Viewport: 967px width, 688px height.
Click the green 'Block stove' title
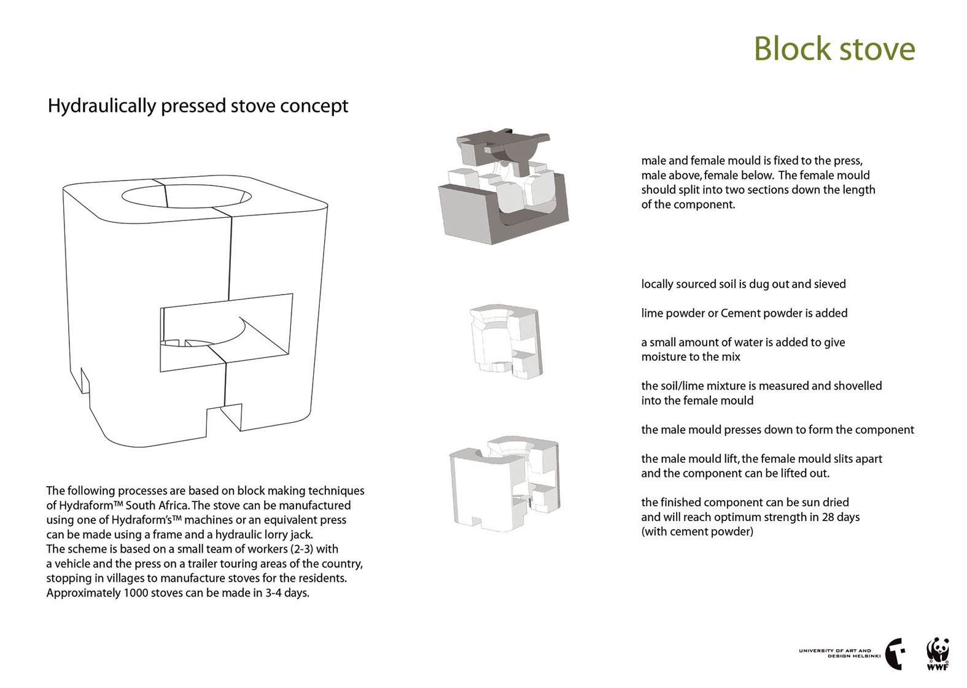tap(834, 48)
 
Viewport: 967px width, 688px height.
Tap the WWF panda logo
tap(937, 654)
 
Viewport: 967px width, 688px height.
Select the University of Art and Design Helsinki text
tap(840, 653)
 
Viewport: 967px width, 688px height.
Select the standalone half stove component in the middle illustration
tap(506, 341)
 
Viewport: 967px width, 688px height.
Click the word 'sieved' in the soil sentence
tap(829, 284)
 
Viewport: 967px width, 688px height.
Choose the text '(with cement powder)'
tap(697, 531)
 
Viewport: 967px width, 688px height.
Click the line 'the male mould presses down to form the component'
tap(777, 430)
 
